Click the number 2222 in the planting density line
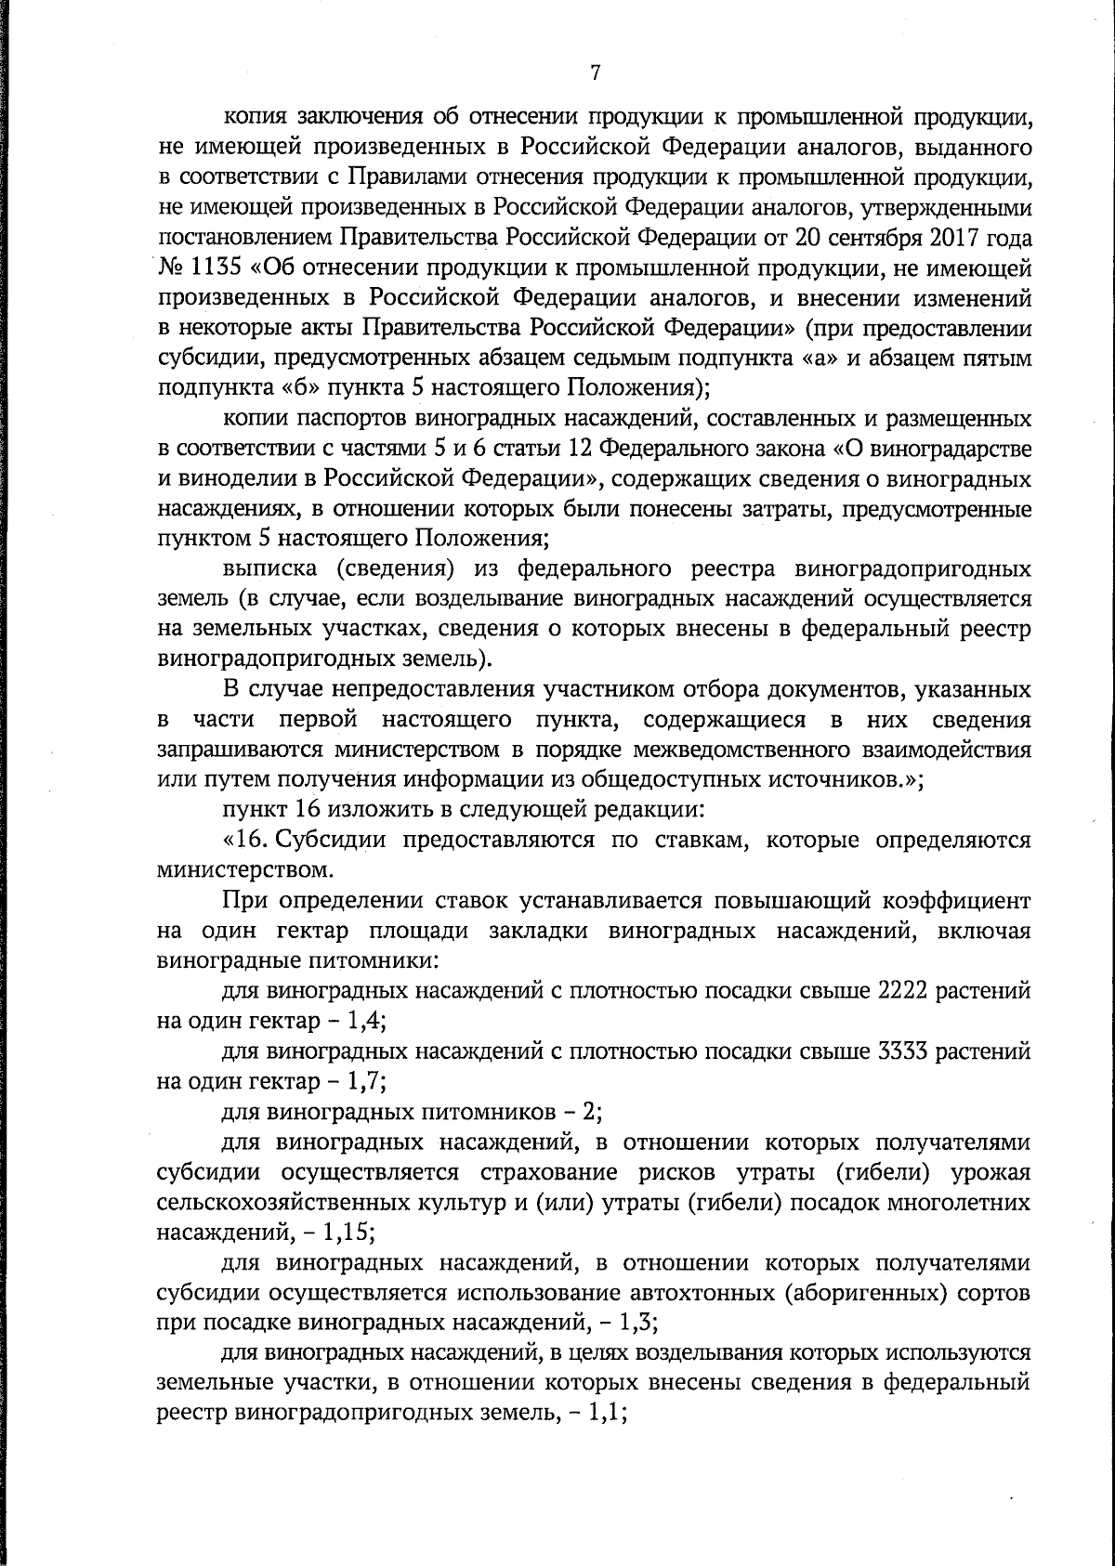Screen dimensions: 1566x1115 [x=901, y=992]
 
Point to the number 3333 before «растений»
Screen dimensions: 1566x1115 [x=901, y=1052]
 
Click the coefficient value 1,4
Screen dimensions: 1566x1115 [x=364, y=1022]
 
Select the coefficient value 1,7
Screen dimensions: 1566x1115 [x=364, y=1082]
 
